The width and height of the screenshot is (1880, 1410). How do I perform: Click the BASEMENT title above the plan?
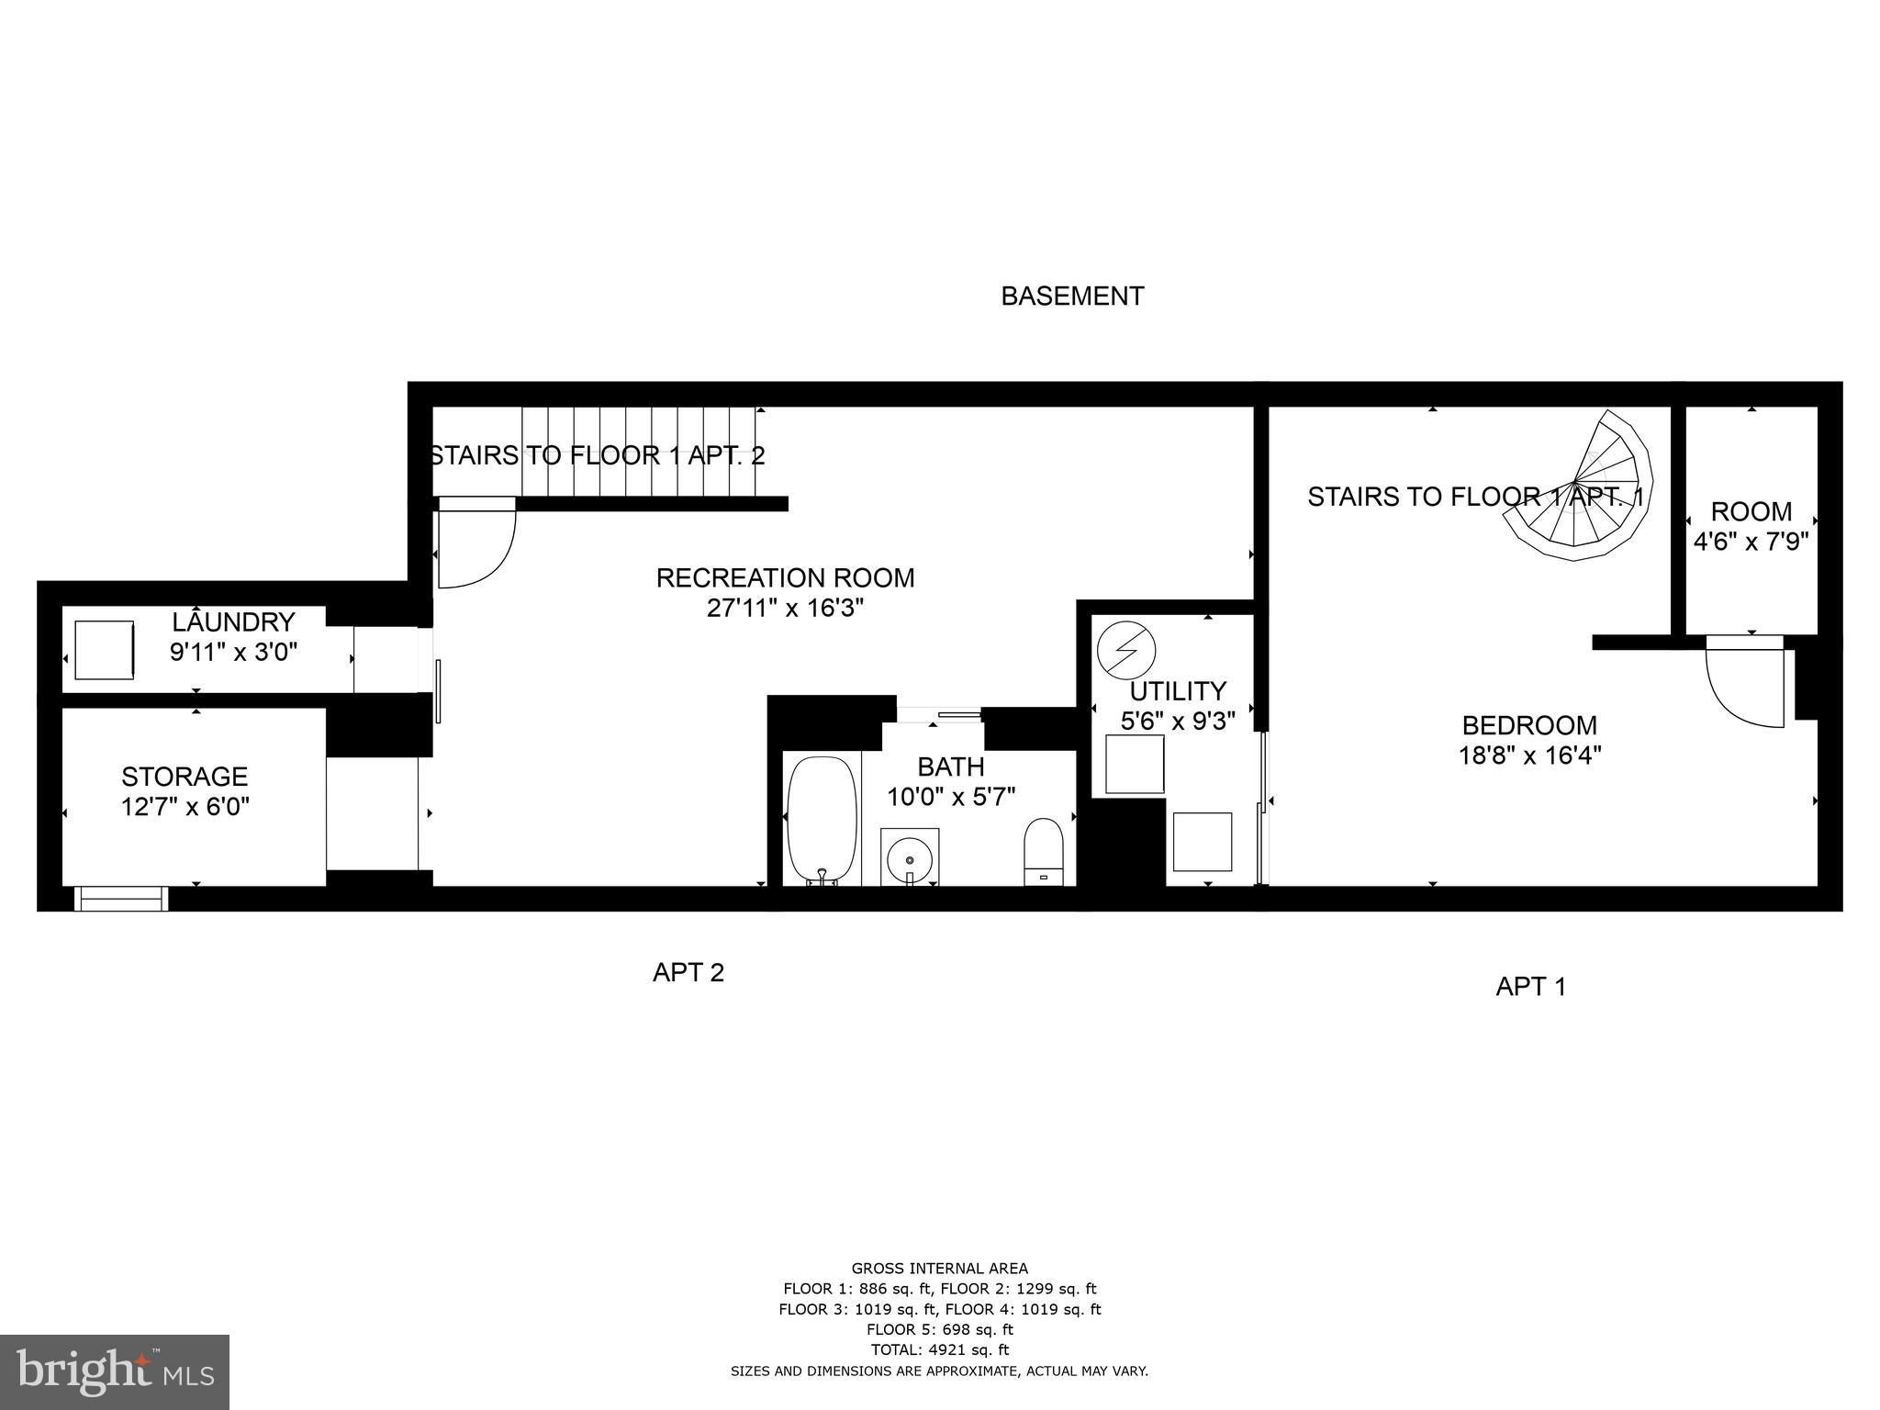[1071, 297]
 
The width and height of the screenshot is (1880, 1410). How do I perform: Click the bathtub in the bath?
[822, 819]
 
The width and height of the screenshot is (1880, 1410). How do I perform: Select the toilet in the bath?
[1043, 850]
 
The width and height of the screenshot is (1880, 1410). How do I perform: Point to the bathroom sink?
[910, 857]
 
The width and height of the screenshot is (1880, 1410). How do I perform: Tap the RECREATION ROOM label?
[785, 578]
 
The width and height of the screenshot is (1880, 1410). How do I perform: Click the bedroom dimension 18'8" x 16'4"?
[1529, 755]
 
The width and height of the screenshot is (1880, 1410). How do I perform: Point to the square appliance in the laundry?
[104, 650]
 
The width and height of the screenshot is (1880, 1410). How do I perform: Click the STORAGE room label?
[185, 777]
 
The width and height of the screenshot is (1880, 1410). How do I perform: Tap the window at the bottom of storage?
[121, 898]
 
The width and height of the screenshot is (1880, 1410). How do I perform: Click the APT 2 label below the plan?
[688, 972]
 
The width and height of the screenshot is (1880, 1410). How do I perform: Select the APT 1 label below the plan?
[1530, 987]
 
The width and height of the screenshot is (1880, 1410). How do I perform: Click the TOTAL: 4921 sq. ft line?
[939, 1349]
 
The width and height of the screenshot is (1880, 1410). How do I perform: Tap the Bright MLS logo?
[115, 1371]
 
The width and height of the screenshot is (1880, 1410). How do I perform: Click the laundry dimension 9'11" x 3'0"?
[233, 653]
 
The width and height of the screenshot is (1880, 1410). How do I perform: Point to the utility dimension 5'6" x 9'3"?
[1178, 721]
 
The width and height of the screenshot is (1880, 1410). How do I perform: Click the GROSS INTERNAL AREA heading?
[939, 1270]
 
